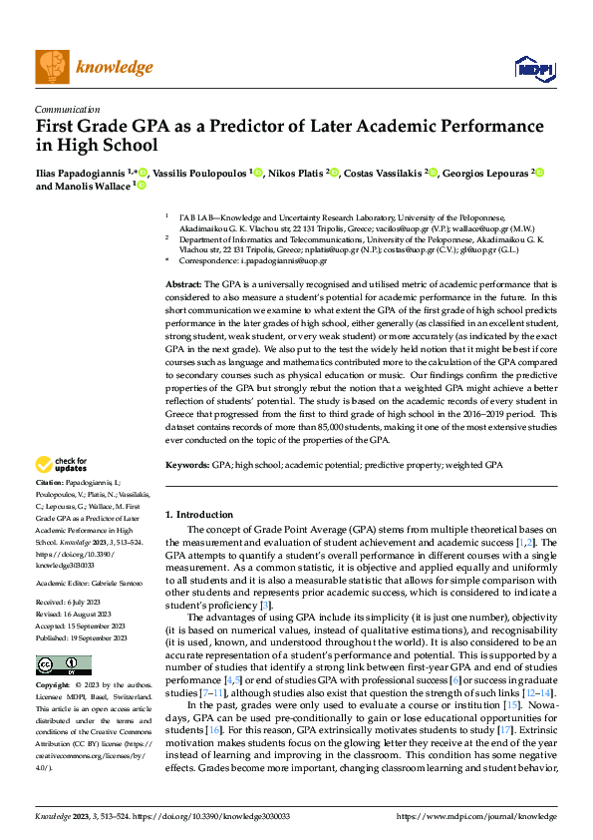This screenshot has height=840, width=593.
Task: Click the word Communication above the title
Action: click(67, 110)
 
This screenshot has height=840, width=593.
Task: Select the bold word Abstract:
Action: click(183, 285)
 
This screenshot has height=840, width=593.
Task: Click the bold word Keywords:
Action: click(186, 466)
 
